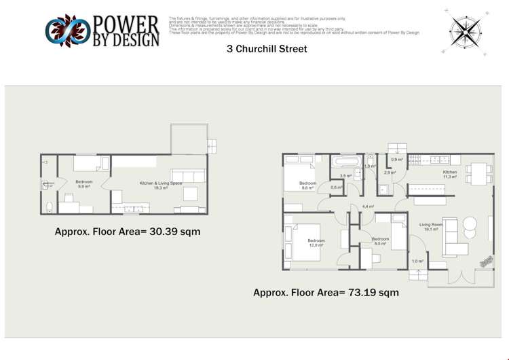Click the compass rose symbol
click(466, 29)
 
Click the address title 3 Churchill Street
click(267, 49)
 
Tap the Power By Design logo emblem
click(67, 31)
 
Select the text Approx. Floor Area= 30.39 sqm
click(127, 232)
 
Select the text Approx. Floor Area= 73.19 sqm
click(326, 293)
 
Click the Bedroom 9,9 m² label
click(84, 183)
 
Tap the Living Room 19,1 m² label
click(431, 227)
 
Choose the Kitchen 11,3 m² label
click(450, 174)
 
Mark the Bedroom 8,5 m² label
click(380, 240)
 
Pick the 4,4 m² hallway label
click(368, 206)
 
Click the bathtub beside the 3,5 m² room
click(347, 162)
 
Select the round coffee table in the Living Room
click(470, 223)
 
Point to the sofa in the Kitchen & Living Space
click(188, 175)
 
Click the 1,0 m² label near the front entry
click(417, 261)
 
